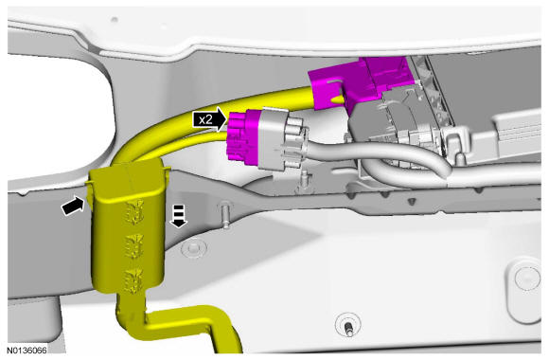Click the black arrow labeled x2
coord(210,119)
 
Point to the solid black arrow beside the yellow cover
coord(73,206)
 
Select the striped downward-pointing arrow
coord(179,216)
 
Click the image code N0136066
coord(27,351)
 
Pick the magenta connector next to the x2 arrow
coord(242,136)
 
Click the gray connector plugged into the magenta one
coord(280,139)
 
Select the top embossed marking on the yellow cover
coord(134,211)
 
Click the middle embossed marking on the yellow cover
coord(134,245)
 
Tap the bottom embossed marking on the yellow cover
coord(134,280)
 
